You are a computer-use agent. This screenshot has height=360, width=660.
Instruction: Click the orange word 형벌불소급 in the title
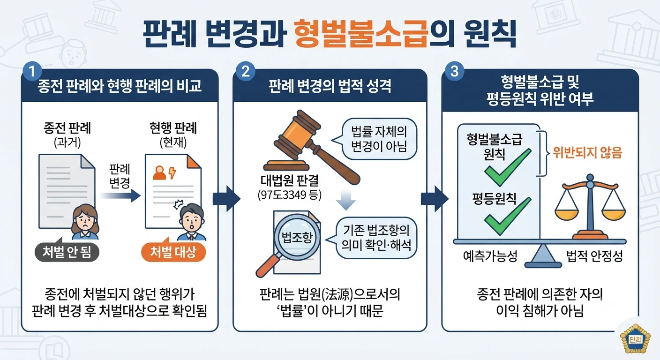(360, 34)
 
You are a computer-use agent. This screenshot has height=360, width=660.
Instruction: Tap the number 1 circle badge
(32, 71)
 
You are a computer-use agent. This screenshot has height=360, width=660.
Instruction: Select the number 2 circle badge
(246, 71)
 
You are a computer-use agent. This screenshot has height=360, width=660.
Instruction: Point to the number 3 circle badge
(454, 71)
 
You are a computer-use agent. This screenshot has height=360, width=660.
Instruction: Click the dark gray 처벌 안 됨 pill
(67, 252)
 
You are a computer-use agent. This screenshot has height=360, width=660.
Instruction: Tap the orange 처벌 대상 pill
(173, 252)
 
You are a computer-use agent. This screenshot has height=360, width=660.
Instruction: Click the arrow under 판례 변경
(120, 195)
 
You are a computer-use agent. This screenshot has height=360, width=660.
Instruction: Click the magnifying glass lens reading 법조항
(297, 237)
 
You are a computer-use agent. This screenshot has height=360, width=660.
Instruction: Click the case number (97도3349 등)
(290, 195)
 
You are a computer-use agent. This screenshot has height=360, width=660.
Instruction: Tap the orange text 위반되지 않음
(587, 153)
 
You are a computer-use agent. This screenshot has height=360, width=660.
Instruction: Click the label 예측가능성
(490, 256)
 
